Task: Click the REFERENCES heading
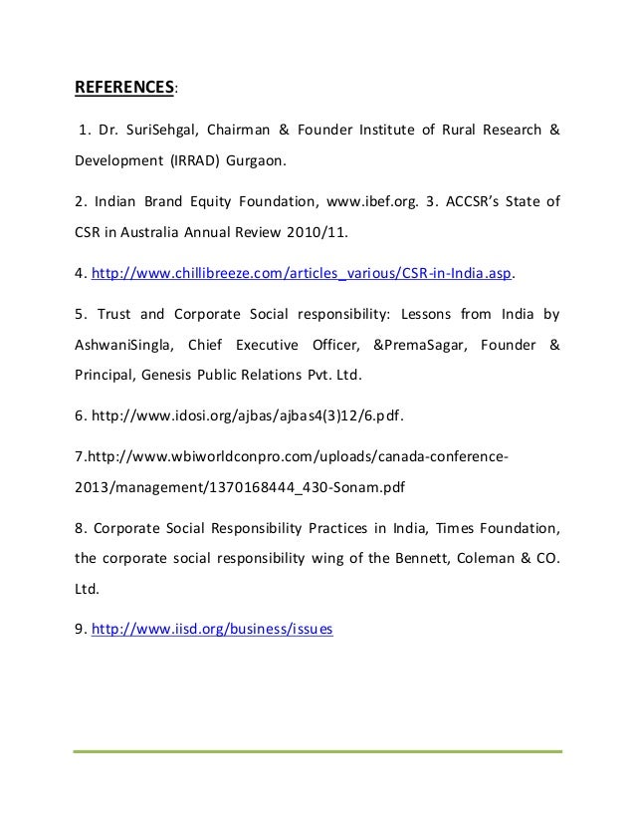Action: pyautogui.click(x=124, y=87)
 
